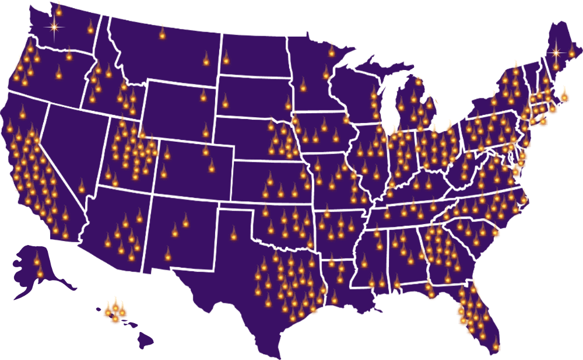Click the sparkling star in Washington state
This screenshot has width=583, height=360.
(x=54, y=27)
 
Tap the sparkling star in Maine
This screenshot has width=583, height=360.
(x=556, y=53)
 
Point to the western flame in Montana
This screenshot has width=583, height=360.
(x=162, y=34)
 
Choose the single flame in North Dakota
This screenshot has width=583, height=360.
(x=226, y=58)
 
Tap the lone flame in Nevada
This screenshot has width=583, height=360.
(x=81, y=187)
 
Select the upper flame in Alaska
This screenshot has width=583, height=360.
(x=36, y=259)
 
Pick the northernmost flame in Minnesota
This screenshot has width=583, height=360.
(x=331, y=51)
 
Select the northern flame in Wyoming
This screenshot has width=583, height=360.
(x=203, y=96)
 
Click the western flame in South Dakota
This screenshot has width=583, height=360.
(x=225, y=102)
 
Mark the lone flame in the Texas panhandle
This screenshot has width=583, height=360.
(x=234, y=235)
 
